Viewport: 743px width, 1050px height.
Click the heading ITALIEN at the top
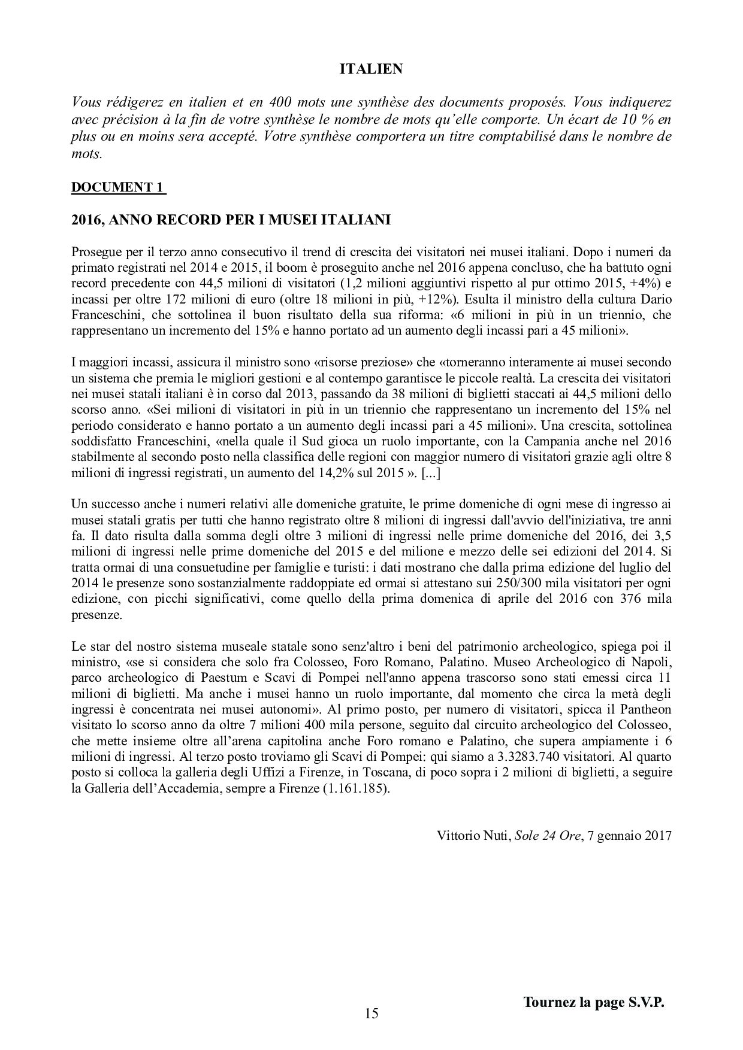(x=371, y=69)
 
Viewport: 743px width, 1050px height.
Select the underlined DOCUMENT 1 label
(x=117, y=187)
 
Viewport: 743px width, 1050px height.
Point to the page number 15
(x=371, y=1013)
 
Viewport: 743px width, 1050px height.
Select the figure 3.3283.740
(x=482, y=757)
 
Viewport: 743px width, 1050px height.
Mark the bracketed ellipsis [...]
(x=432, y=473)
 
